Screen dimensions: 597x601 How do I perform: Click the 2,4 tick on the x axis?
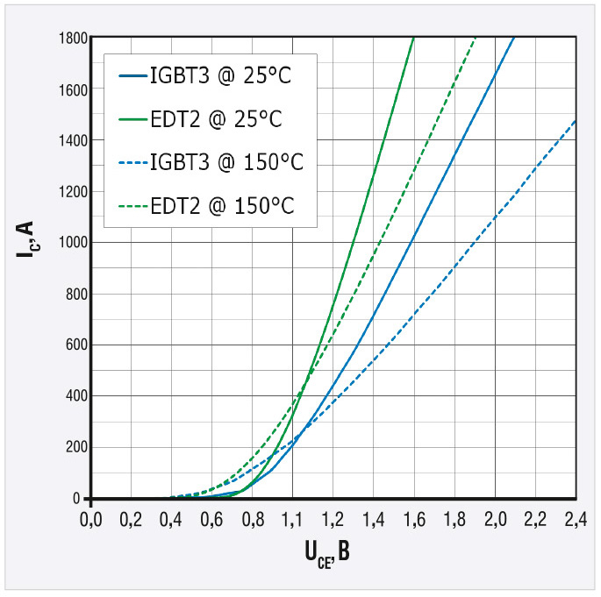point(575,518)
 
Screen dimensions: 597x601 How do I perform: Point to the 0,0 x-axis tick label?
point(91,518)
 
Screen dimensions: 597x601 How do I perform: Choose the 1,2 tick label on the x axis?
point(333,518)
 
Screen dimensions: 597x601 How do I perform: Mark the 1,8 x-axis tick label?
point(454,518)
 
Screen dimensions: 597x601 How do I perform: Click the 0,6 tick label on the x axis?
point(212,518)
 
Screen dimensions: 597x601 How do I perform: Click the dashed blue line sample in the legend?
point(132,163)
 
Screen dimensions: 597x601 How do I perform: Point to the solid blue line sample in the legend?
point(132,76)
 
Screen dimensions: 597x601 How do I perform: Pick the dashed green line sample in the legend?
point(132,206)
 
